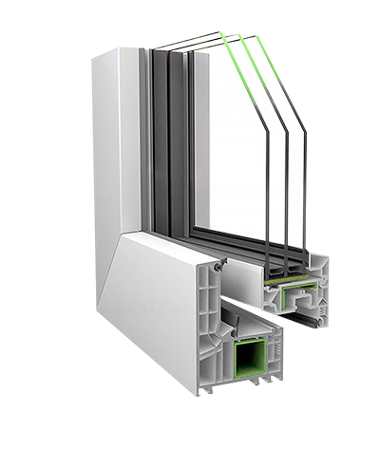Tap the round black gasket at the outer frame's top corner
[218, 269]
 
